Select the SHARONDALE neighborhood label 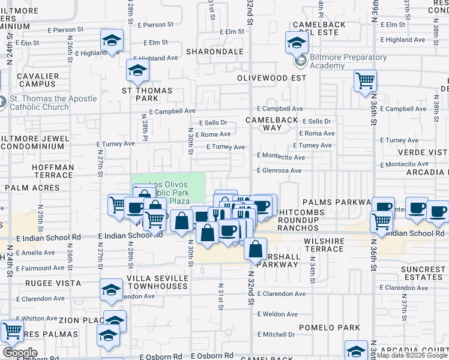coord(214,52)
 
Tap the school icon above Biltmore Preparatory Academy coord(297,42)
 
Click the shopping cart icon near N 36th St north coord(365,80)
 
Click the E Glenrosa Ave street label coord(279,170)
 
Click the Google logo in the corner coord(20,353)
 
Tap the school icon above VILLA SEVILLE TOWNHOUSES coord(111,290)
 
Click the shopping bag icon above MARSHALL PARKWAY coord(255,248)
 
